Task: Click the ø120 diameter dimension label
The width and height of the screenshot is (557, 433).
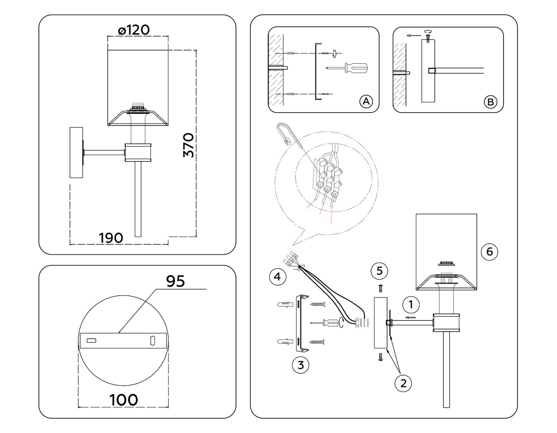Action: pyautogui.click(x=134, y=30)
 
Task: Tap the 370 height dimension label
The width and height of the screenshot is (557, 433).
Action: pyautogui.click(x=189, y=145)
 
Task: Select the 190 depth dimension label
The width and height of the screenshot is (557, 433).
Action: pyautogui.click(x=111, y=238)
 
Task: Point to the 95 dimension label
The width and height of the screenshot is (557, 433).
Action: pyautogui.click(x=175, y=281)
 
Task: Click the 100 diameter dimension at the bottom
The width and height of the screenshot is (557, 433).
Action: pyautogui.click(x=124, y=400)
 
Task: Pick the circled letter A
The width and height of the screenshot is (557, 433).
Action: pyautogui.click(x=366, y=102)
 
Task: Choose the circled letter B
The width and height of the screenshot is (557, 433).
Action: pyautogui.click(x=491, y=102)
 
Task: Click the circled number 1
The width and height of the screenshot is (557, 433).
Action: pyautogui.click(x=411, y=305)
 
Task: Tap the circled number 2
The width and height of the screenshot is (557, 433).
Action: pyautogui.click(x=404, y=383)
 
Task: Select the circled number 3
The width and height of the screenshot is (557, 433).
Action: pyautogui.click(x=301, y=365)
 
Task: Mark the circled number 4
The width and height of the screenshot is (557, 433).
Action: pyautogui.click(x=278, y=277)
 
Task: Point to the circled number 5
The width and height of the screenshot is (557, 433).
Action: pyautogui.click(x=380, y=271)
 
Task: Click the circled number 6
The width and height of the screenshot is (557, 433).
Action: pyautogui.click(x=489, y=252)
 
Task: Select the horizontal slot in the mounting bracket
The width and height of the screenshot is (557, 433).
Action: pyautogui.click(x=91, y=341)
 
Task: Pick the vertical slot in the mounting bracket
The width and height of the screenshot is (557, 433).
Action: pyautogui.click(x=153, y=341)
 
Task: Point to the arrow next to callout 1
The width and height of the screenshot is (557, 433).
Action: pyautogui.click(x=410, y=318)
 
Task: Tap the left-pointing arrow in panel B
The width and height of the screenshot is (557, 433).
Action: pyautogui.click(x=414, y=36)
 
